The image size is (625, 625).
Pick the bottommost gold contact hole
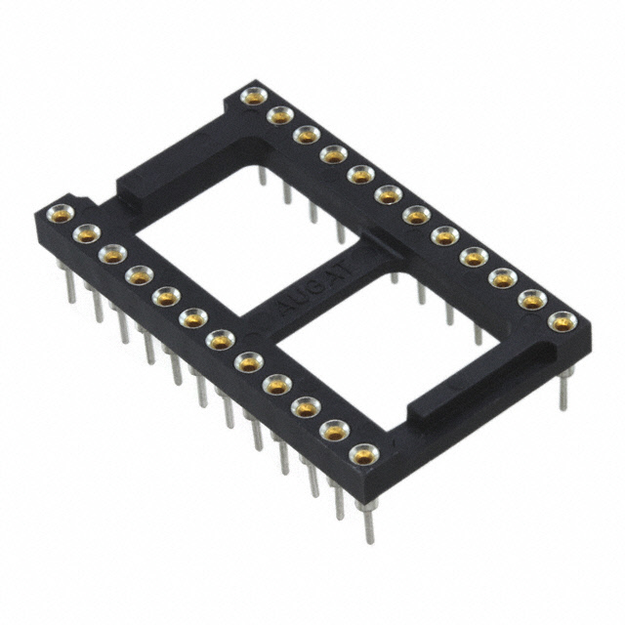click(x=364, y=453)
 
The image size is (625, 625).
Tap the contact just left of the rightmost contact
click(x=532, y=300)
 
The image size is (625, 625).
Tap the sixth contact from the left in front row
click(x=192, y=315)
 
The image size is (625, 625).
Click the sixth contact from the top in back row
click(x=390, y=193)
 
